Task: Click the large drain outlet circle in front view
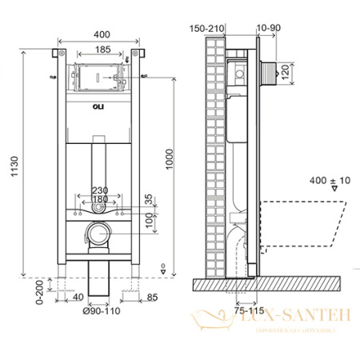97,236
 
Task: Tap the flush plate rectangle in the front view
98,78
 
